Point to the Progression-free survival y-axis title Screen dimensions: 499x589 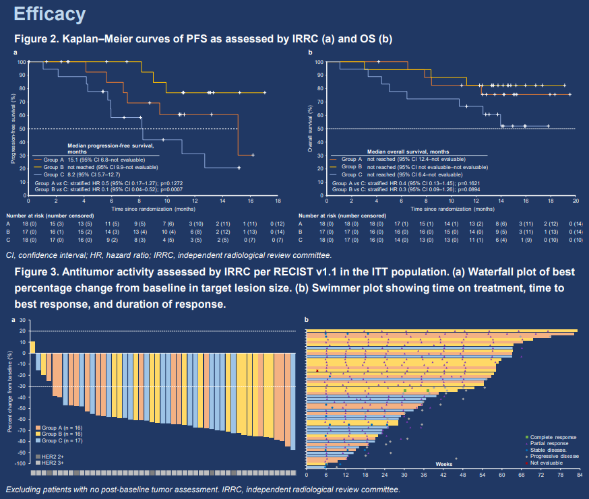13,128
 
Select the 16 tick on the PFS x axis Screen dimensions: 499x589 250,201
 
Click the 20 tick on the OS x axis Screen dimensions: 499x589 575,201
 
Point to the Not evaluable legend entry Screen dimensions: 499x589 546,463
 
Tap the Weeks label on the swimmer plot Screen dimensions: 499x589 443,464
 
